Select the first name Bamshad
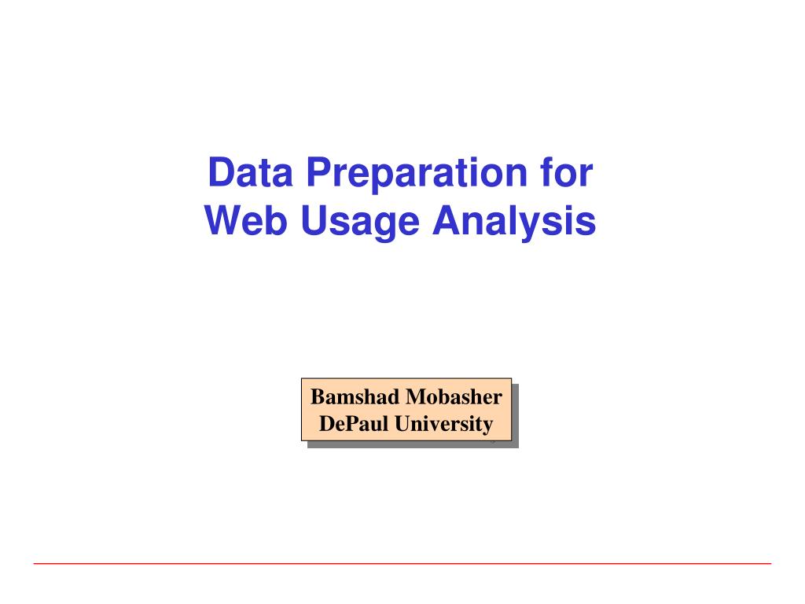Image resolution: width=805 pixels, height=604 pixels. click(x=355, y=397)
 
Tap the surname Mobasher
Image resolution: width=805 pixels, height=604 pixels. click(x=454, y=397)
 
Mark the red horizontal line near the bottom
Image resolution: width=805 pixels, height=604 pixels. click(x=402, y=563)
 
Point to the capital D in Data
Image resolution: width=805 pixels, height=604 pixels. click(x=219, y=172)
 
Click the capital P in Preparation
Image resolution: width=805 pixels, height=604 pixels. click(x=317, y=172)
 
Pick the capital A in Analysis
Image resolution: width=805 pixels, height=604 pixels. click(x=445, y=221)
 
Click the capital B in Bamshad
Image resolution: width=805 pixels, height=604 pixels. click(x=317, y=397)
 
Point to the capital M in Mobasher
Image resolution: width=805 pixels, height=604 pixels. click(x=414, y=397)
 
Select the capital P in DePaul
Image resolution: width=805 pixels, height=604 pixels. click(x=345, y=424)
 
